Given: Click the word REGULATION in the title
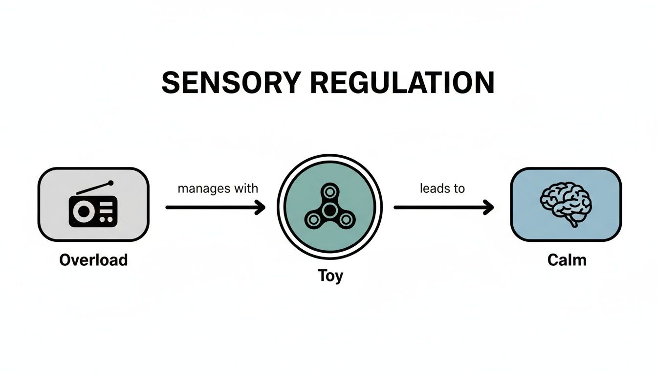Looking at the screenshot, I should click(x=402, y=82).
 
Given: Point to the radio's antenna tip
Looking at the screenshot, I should click(x=111, y=183).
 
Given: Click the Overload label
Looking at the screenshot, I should click(x=93, y=259).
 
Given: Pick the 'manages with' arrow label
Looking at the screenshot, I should click(x=218, y=188).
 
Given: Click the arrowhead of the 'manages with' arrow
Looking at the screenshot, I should click(x=261, y=208).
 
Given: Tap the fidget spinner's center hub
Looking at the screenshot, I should click(x=329, y=210).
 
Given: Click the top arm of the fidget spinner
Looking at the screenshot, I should click(x=329, y=191).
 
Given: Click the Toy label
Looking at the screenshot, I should click(x=330, y=276).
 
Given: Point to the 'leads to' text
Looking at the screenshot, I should click(x=442, y=188).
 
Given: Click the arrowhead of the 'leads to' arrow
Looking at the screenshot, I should click(x=489, y=208).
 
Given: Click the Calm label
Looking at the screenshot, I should click(x=567, y=259).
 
